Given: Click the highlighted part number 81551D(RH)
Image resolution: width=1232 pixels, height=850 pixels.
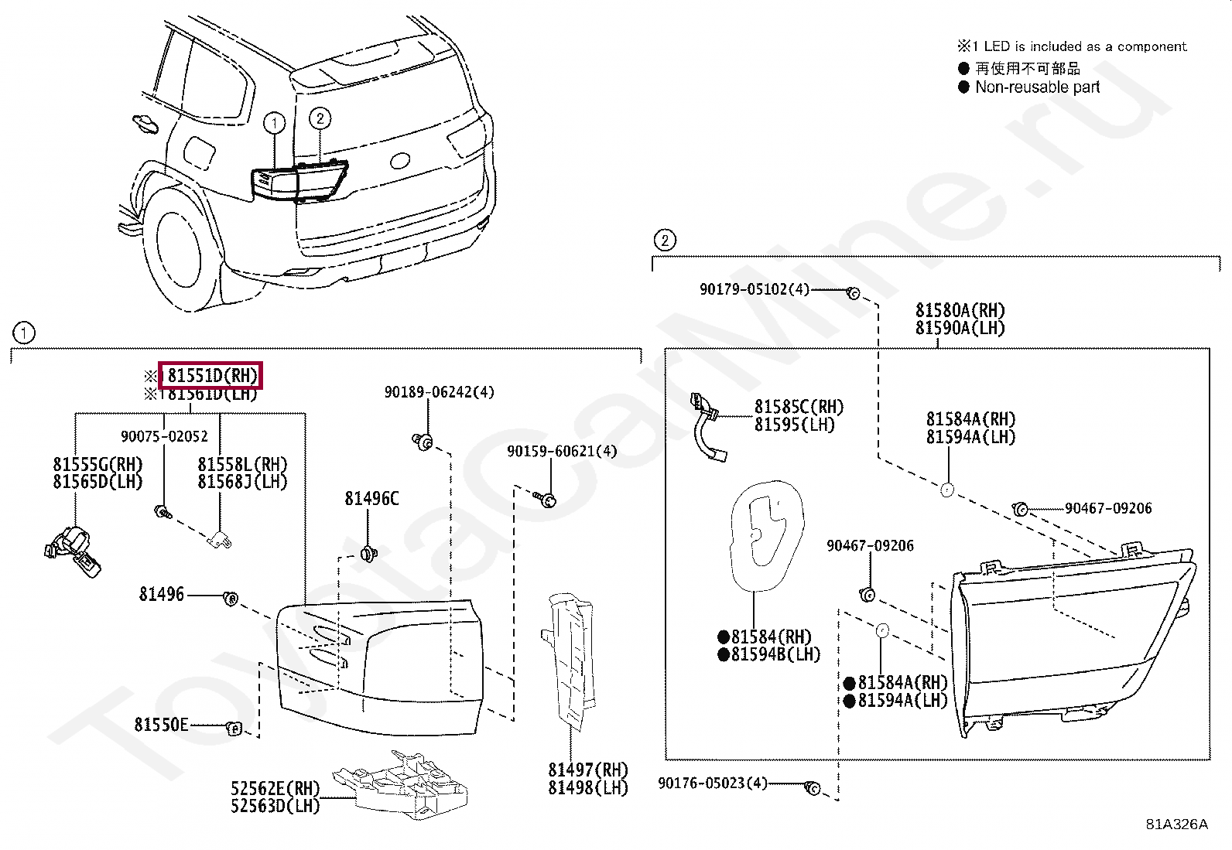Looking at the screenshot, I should (x=210, y=376).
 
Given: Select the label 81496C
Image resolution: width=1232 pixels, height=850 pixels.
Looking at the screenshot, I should (x=371, y=499).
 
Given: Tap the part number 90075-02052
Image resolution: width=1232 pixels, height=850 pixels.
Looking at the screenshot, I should (x=164, y=436).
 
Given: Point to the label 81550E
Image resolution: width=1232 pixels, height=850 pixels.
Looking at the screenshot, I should (x=161, y=725).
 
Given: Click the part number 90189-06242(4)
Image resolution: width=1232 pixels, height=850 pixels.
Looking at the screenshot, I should (x=439, y=392).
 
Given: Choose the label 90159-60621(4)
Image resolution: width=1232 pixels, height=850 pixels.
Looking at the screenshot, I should (x=562, y=451).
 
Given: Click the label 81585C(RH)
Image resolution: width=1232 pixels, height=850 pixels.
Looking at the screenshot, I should (x=799, y=407).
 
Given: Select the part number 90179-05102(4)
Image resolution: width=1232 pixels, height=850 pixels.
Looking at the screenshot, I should (x=754, y=289).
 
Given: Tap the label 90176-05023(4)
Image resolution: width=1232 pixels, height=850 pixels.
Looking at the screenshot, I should (x=712, y=783).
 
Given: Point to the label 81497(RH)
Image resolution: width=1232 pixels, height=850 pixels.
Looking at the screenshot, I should (x=588, y=770).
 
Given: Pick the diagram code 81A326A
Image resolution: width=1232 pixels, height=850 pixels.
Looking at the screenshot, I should (x=1176, y=824).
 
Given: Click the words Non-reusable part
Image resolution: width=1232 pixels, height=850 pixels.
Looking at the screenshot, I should (x=1037, y=87).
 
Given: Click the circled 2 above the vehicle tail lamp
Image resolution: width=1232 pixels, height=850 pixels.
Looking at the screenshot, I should (x=320, y=118).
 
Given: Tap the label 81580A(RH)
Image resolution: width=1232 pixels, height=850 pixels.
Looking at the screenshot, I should (x=960, y=310).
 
